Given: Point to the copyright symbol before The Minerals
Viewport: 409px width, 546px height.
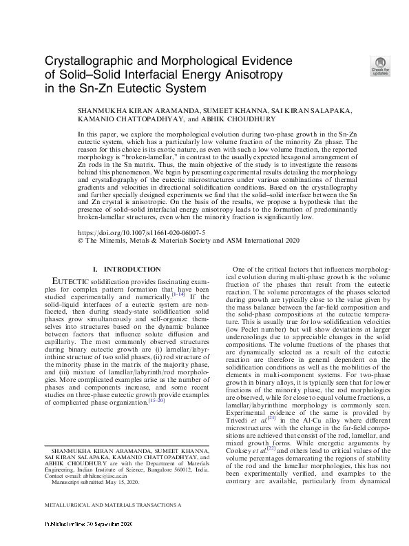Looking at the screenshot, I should point(81,241).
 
